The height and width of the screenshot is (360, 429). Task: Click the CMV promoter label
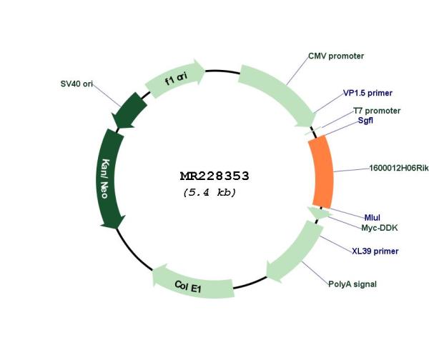pos(336,56)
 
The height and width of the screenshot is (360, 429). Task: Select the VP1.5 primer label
pos(368,93)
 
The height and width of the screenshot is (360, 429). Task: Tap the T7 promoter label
pos(377,111)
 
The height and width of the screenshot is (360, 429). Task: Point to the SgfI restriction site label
pos(365,121)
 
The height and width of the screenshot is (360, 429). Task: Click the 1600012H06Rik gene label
pos(399,168)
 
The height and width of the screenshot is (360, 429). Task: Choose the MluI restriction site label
pos(372,218)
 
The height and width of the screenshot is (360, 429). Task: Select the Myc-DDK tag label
pos(380,228)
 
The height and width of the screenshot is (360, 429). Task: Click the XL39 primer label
pos(375,251)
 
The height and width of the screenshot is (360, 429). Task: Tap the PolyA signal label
pos(352,284)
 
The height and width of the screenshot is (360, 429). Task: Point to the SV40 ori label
pos(77,84)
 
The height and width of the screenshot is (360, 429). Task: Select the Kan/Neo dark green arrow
pos(109,179)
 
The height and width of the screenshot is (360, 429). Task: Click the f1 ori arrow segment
pos(175,79)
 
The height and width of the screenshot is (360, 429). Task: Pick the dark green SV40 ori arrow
pos(129,110)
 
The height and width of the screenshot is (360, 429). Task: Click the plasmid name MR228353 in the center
pos(214,176)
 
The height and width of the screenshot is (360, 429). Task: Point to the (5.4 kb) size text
pos(209,193)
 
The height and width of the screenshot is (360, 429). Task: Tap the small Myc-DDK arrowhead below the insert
pos(318,212)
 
